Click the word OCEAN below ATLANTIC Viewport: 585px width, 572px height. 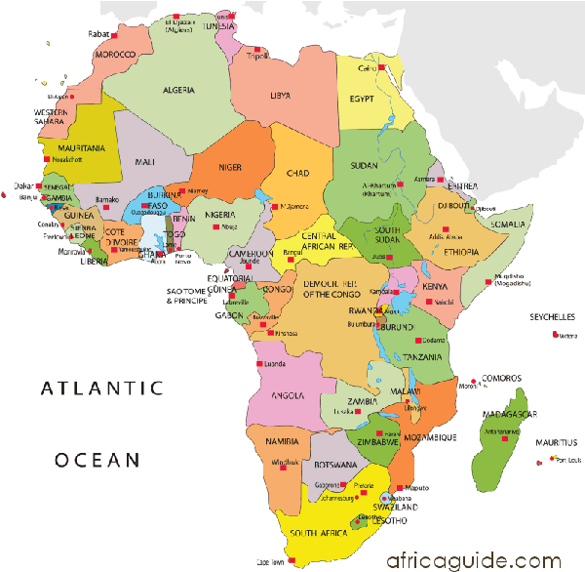(98, 459)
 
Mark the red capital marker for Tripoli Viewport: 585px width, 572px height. (248, 56)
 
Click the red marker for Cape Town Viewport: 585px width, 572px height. (275, 561)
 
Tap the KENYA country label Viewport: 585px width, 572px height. (435, 287)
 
